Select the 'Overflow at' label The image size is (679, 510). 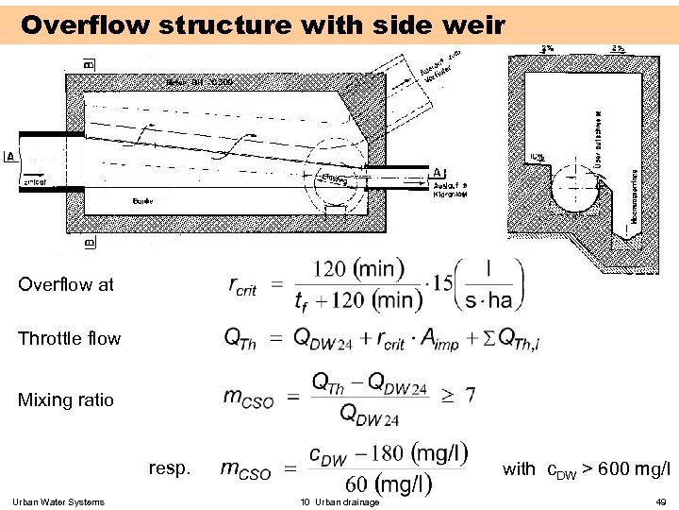pyautogui.click(x=65, y=283)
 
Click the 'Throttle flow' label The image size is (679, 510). pyautogui.click(x=69, y=338)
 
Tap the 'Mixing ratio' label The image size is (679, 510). pyautogui.click(x=65, y=399)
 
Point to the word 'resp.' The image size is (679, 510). pyautogui.click(x=169, y=467)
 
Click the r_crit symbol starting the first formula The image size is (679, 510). pyautogui.click(x=242, y=284)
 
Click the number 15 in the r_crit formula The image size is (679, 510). pyautogui.click(x=441, y=284)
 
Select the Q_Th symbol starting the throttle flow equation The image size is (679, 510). pyautogui.click(x=239, y=338)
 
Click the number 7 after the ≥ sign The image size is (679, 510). pyautogui.click(x=470, y=393)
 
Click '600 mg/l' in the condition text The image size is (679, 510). pyautogui.click(x=635, y=468)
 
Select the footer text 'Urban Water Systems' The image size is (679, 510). pyautogui.click(x=59, y=501)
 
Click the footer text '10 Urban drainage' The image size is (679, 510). pyautogui.click(x=339, y=501)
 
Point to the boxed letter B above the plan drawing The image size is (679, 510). pyautogui.click(x=89, y=64)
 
